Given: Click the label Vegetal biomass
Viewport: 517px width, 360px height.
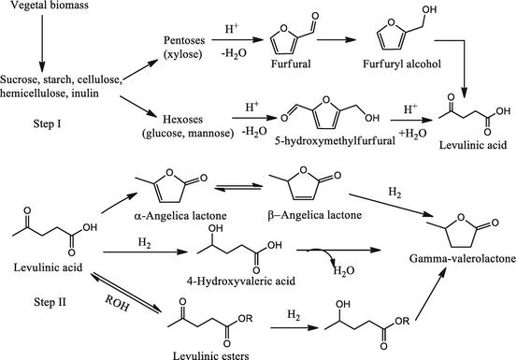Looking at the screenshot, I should pos(43,8).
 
